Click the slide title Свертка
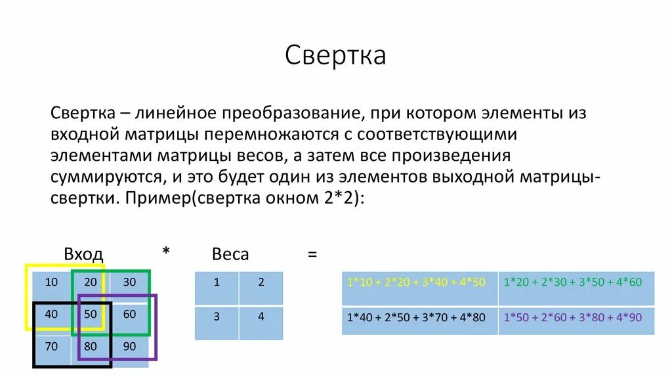(335, 56)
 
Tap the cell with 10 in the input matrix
(51, 282)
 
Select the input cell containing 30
(129, 282)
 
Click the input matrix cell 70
(51, 345)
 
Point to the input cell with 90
(129, 345)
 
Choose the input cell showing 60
(129, 314)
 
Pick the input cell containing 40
(51, 314)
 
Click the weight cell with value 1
(217, 283)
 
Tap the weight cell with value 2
(261, 283)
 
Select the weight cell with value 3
(217, 317)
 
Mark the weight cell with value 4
(261, 317)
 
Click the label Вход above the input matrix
(83, 254)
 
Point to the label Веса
(230, 254)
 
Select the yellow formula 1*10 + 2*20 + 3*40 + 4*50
(416, 282)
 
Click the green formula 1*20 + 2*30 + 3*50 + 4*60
(573, 282)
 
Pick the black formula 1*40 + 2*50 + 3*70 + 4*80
(416, 318)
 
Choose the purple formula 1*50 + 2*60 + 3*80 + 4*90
(573, 318)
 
